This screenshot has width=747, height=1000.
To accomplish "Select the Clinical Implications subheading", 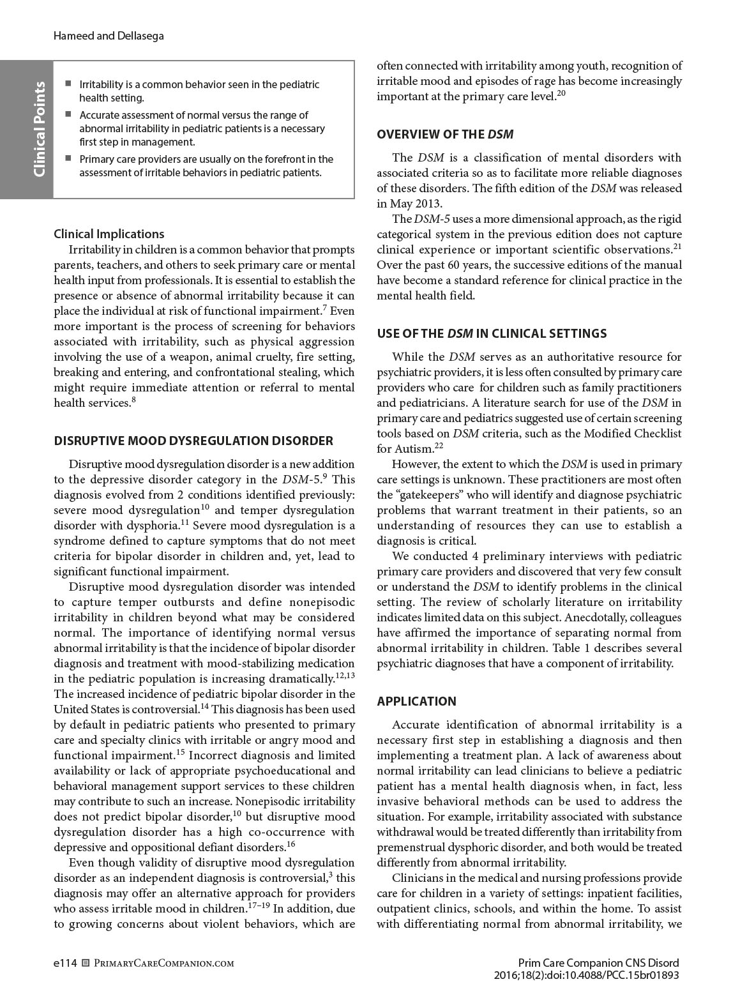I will pyautogui.click(x=109, y=234).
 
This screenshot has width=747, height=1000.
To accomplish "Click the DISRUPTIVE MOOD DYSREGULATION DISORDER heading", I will pyautogui.click(x=193, y=441).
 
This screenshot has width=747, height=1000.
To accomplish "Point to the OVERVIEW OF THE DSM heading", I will pyautogui.click(x=445, y=134).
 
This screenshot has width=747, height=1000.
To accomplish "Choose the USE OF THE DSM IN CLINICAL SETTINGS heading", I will pyautogui.click(x=492, y=333).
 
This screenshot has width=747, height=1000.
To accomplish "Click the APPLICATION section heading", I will pyautogui.click(x=416, y=701).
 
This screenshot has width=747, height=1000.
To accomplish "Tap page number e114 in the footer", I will pyautogui.click(x=65, y=963).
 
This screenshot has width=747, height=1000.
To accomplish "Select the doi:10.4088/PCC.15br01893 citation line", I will pyautogui.click(x=586, y=975).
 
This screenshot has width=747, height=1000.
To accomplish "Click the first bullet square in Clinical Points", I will pyautogui.click(x=68, y=84).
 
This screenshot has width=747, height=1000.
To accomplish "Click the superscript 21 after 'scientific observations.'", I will pyautogui.click(x=677, y=246).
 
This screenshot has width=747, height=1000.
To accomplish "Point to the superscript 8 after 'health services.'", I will pyautogui.click(x=133, y=400).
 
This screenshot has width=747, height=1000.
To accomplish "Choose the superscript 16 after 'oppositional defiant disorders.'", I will pyautogui.click(x=290, y=844).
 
